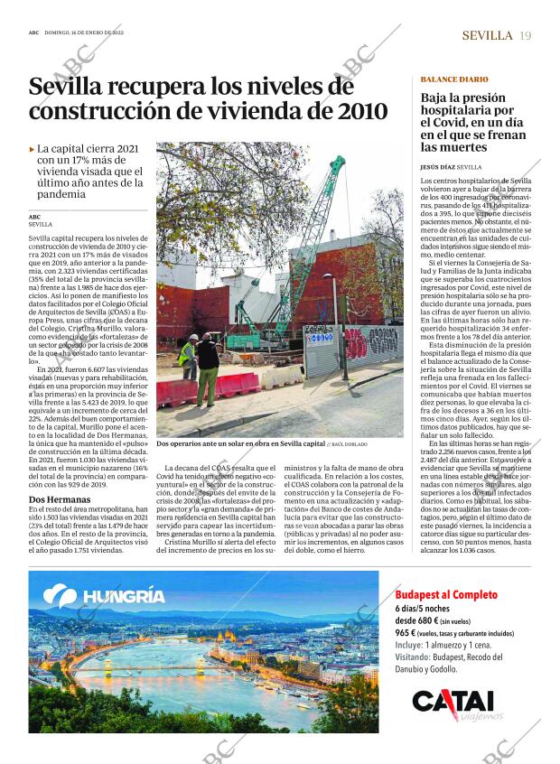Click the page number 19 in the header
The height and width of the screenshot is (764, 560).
[526, 35]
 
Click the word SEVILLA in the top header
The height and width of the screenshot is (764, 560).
[488, 35]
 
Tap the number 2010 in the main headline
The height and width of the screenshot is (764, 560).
[357, 112]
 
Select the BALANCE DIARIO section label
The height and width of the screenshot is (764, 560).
[454, 79]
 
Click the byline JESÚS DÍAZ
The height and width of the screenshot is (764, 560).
[438, 167]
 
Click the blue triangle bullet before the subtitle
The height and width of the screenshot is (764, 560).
[33, 148]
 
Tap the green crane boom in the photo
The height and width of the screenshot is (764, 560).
[316, 226]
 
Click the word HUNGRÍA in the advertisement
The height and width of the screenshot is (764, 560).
[124, 596]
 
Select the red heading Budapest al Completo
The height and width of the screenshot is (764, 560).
[446, 594]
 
